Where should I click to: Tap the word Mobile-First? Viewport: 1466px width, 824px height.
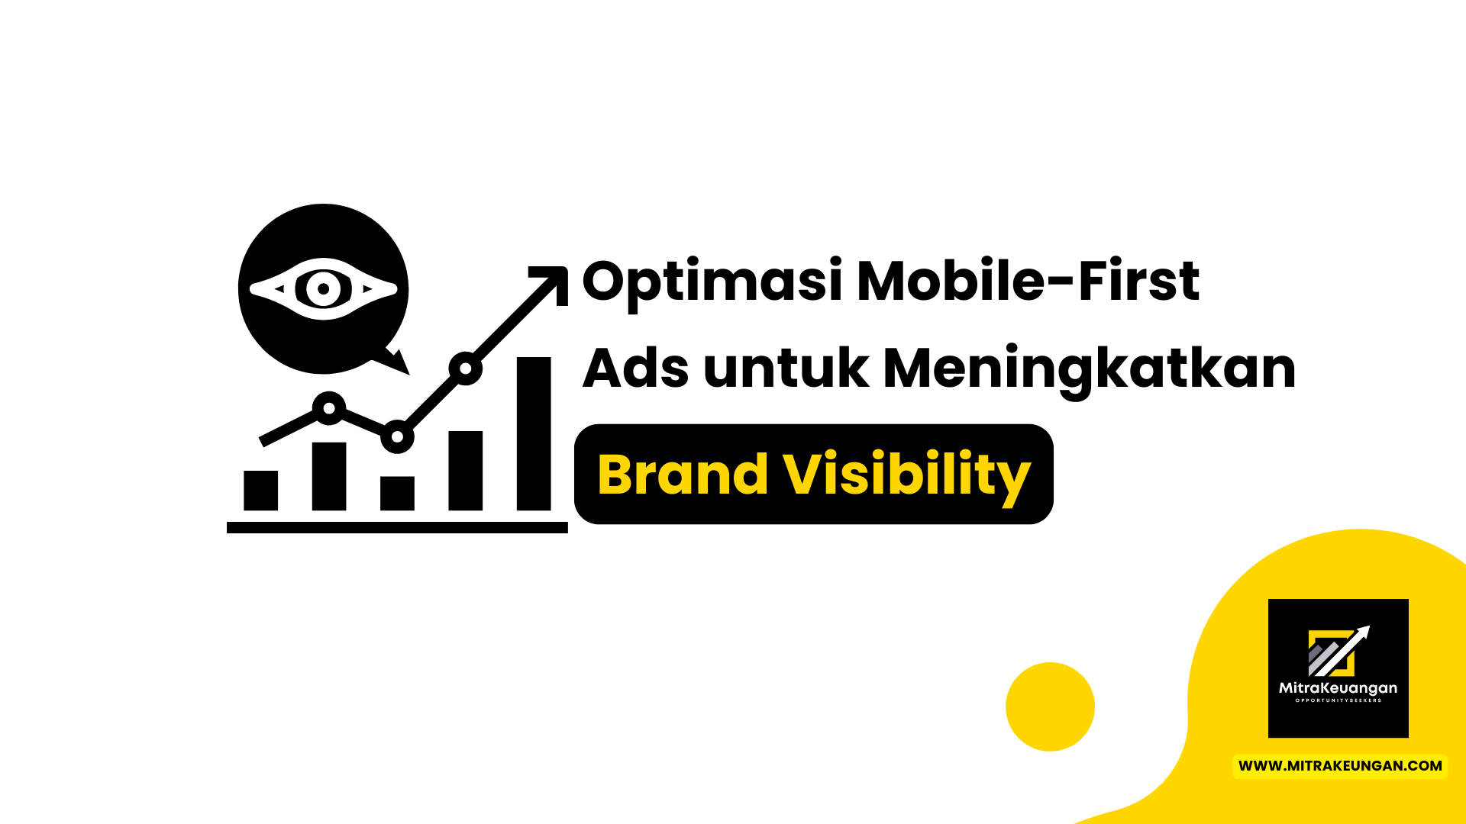(x=1028, y=281)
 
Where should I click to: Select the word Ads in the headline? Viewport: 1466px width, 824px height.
(x=635, y=369)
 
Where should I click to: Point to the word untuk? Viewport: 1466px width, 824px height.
(x=786, y=369)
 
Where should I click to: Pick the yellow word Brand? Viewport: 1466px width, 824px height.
(x=683, y=475)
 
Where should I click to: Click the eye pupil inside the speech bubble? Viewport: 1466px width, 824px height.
(x=324, y=289)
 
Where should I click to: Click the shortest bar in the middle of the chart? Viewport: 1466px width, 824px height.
(x=397, y=493)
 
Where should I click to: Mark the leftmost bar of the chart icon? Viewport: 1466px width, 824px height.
(x=260, y=490)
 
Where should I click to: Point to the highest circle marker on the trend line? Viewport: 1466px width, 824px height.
(x=465, y=369)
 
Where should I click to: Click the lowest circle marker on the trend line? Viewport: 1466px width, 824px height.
(x=397, y=437)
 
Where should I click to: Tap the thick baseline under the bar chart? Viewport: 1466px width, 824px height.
(x=397, y=527)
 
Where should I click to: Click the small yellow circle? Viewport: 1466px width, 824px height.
(x=1050, y=707)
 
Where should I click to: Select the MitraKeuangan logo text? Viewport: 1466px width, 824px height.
(x=1338, y=688)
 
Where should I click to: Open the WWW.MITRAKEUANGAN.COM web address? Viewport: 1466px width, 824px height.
(x=1340, y=766)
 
